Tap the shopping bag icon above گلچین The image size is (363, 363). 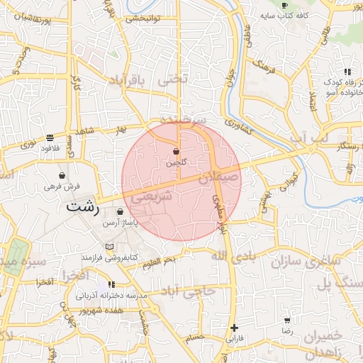[176, 152]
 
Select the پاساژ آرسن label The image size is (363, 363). [120, 223]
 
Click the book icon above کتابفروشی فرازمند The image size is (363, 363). [108, 246]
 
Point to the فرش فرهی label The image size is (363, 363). [63, 186]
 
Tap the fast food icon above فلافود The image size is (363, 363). [49, 138]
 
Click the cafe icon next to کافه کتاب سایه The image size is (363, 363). [284, 5]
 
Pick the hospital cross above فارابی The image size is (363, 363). [234, 328]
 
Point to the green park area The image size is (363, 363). [16, 256]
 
